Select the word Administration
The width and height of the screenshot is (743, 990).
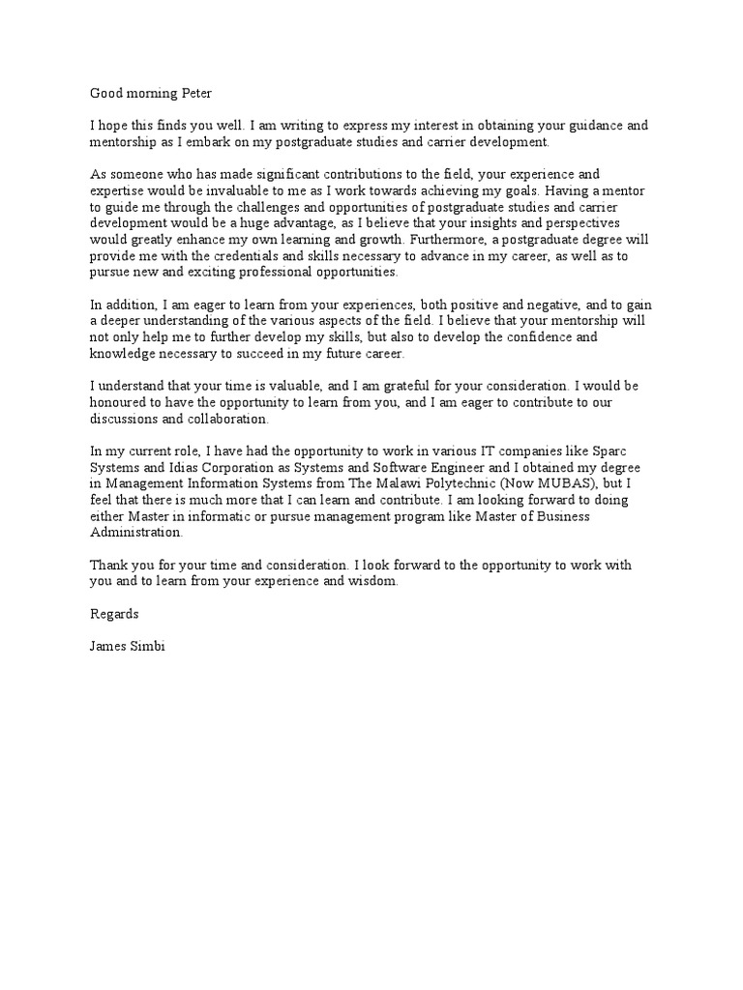click(135, 532)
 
